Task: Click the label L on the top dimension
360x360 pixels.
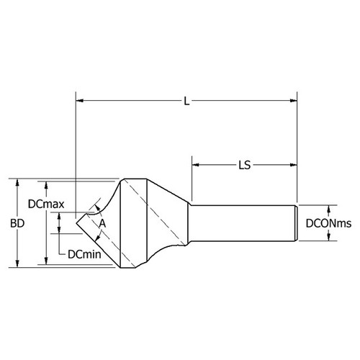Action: pos(186,102)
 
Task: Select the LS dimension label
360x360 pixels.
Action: pos(244,165)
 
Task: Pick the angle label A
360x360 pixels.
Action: pos(102,224)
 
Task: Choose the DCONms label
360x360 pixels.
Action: pos(328,224)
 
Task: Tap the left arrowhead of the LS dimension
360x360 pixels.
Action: pos(194,165)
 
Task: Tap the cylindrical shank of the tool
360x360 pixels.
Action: pos(245,223)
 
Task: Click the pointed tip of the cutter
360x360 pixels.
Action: pos(77,224)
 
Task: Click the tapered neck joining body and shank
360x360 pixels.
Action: pos(180,223)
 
